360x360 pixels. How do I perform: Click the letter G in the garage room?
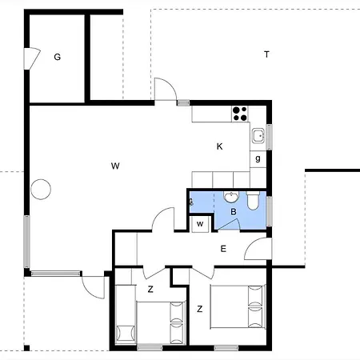58,57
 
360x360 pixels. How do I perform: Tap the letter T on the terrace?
266,54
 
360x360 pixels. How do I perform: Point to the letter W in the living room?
115,166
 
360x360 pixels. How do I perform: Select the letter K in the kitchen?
219,146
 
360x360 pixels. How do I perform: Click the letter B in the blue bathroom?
234,212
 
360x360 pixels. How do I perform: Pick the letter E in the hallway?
223,249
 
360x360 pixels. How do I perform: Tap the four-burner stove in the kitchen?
240,114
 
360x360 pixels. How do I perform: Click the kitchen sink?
258,136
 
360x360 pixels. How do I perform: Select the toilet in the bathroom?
253,201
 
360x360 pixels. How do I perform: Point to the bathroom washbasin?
231,197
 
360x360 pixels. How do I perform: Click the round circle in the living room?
41,190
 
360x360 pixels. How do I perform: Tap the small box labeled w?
200,224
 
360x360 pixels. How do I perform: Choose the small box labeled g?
258,159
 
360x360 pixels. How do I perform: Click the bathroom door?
229,225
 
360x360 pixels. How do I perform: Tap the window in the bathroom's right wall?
270,211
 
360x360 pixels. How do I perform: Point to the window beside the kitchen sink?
270,137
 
